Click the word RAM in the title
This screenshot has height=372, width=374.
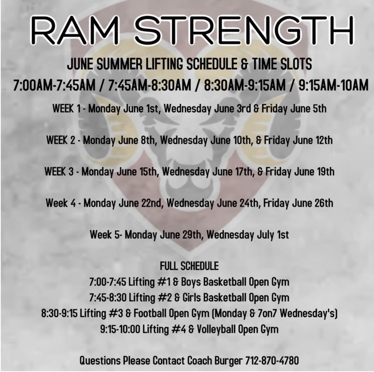pos(75,30)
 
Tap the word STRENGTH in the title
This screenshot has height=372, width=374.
pos(244,30)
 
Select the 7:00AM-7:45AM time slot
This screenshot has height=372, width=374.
pos(54,85)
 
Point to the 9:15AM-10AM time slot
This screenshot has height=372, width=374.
pos(333,85)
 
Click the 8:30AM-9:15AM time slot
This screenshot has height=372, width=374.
pos(244,85)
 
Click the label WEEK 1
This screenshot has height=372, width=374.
pos(66,109)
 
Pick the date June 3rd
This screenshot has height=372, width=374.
pos(232,109)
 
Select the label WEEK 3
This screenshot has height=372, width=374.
pos(59,172)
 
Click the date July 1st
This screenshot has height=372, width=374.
pos(273,235)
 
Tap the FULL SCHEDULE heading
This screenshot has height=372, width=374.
pos(189,266)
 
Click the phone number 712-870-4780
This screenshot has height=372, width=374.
pos(272,360)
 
